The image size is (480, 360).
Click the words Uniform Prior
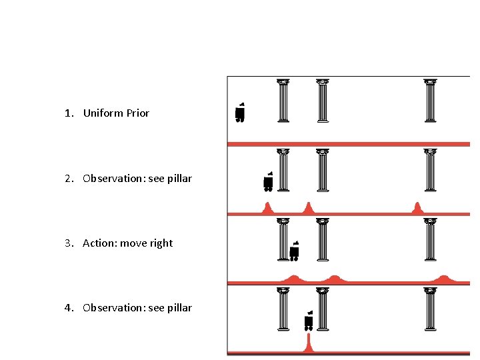[x=116, y=113]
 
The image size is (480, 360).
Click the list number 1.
[x=67, y=113]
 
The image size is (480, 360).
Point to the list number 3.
[x=67, y=243]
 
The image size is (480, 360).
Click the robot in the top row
[x=240, y=113]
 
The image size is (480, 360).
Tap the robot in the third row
[x=294, y=251]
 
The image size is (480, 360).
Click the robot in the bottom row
[x=308, y=321]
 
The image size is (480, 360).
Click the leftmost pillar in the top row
[x=283, y=101]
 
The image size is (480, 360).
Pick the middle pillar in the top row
[x=323, y=101]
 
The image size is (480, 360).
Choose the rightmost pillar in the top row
[x=430, y=101]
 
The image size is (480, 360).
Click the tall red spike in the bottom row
[x=308, y=343]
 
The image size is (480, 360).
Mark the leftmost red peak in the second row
[x=268, y=208]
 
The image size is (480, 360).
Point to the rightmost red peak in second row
[x=418, y=208]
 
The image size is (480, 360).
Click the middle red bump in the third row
[x=333, y=279]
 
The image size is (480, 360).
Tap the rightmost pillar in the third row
[x=430, y=239]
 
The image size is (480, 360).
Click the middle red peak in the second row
[x=308, y=208]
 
